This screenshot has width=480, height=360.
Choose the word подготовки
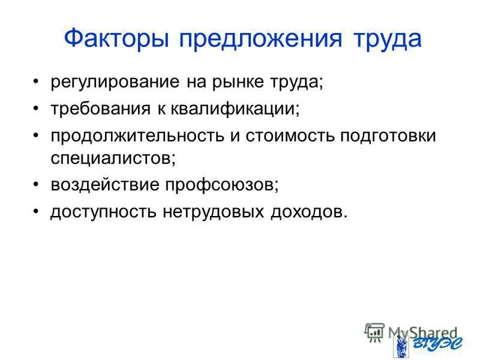[388, 136]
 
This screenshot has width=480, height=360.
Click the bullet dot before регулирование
[37, 82]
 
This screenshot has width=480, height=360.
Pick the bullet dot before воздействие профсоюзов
[37, 185]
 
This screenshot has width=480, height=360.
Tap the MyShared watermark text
[420, 331]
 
